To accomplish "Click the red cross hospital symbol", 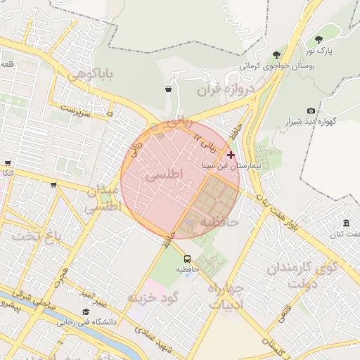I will pyautogui.click(x=231, y=155).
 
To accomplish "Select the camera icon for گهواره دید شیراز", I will pyautogui.click(x=311, y=111).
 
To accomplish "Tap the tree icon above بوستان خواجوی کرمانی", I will pyautogui.click(x=276, y=55).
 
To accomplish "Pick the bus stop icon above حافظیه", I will pyautogui.click(x=187, y=257).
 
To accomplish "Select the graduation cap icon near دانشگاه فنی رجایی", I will pyautogui.click(x=86, y=311).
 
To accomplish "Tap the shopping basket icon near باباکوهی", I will pyautogui.click(x=168, y=89).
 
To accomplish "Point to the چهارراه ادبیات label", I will pyautogui.click(x=225, y=296).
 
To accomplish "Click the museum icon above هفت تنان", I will pyautogui.click(x=348, y=223).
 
